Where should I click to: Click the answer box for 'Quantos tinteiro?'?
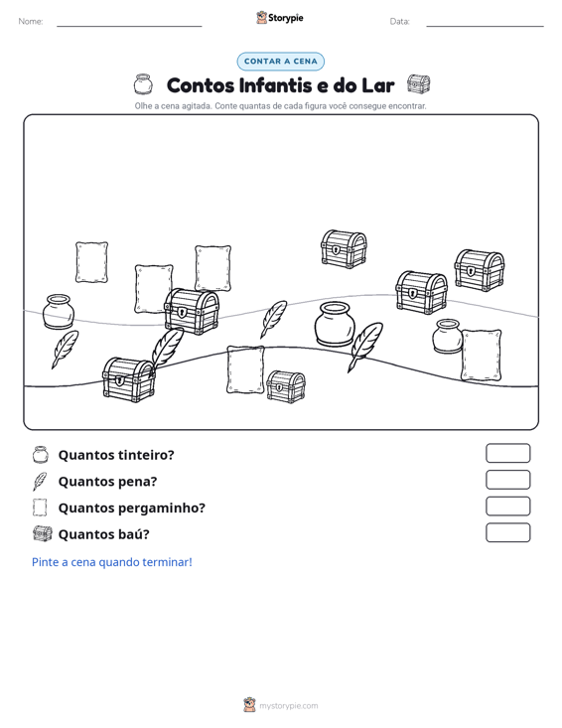click(x=507, y=453)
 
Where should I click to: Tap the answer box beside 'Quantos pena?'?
click(x=507, y=480)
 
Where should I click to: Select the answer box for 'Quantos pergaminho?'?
click(x=507, y=507)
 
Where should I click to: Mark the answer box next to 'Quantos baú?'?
click(x=507, y=532)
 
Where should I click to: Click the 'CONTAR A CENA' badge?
click(x=280, y=62)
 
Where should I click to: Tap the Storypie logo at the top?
click(x=280, y=18)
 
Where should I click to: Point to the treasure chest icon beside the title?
click(x=419, y=84)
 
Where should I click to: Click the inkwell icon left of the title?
click(x=142, y=84)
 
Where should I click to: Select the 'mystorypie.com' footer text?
click(x=288, y=706)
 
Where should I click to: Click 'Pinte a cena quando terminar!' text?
click(x=112, y=562)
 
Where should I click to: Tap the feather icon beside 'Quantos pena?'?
click(x=40, y=481)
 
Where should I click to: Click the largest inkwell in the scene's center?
click(x=335, y=324)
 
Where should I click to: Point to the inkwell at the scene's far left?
click(x=58, y=311)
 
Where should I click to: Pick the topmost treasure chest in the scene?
click(x=344, y=249)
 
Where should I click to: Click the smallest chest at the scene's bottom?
click(x=286, y=386)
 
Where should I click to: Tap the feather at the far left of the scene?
click(x=65, y=350)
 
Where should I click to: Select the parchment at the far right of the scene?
click(x=482, y=355)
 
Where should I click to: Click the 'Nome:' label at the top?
click(x=31, y=22)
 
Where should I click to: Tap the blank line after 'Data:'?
click(x=485, y=26)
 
